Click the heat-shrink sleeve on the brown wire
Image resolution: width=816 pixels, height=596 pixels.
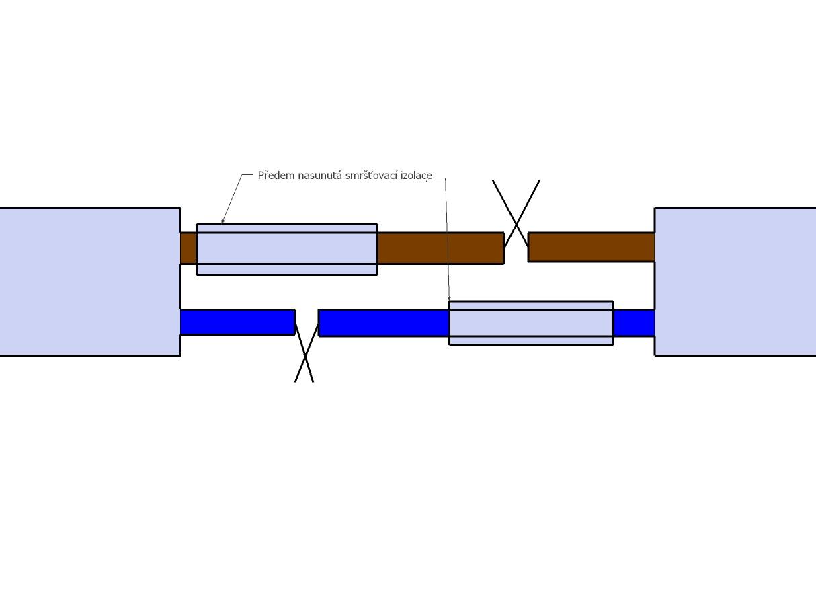287,250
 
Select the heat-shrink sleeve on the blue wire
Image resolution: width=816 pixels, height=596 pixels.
532,323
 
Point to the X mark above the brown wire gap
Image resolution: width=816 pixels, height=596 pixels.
516,213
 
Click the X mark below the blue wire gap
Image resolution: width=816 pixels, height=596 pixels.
304,352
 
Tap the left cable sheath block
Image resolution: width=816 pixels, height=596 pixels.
90,281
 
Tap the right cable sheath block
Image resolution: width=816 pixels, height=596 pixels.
735,281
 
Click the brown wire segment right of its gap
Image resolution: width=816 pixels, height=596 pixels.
591,247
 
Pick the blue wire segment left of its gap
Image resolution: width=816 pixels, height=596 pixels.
238,322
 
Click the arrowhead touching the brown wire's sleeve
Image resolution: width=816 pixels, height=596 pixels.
222,221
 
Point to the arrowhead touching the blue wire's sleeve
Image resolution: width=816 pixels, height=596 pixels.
449,298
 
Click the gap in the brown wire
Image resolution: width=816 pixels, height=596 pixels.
516,248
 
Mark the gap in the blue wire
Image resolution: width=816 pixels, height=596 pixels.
307,323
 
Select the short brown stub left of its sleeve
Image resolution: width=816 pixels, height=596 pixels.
189,248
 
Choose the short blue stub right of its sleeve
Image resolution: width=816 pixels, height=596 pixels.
635,323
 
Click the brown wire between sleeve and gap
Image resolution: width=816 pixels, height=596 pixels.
441,248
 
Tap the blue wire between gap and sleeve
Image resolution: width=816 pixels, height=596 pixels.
384,323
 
